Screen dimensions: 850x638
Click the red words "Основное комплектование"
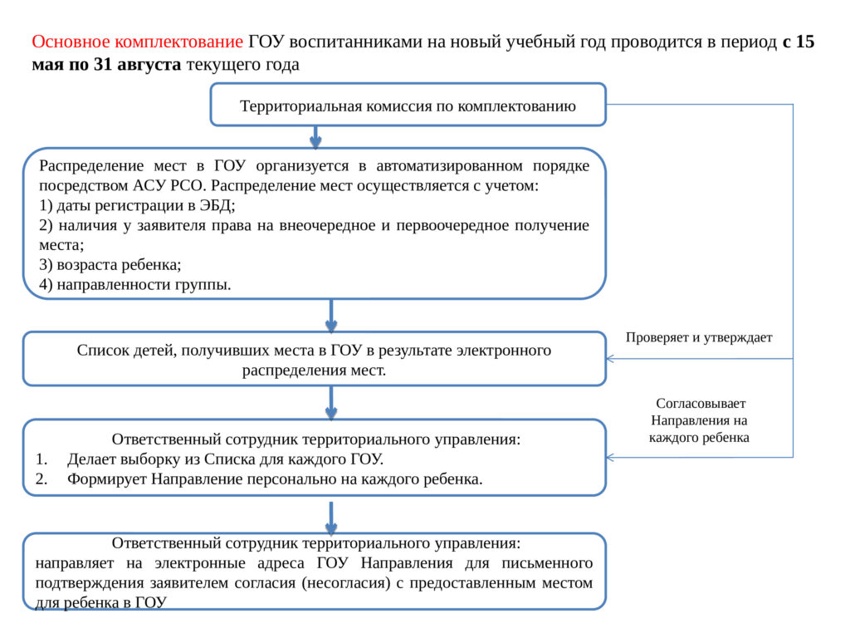(137, 42)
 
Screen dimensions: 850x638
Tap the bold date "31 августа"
(137, 65)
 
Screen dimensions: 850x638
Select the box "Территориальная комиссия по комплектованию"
(408, 105)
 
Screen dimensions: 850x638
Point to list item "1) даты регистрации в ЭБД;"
(137, 206)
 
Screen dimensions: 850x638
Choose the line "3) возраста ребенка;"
(110, 265)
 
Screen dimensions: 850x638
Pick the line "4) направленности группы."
(135, 284)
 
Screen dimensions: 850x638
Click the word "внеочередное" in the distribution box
(327, 225)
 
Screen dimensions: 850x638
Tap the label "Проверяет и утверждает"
(699, 337)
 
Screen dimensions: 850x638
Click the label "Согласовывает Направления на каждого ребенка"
(699, 420)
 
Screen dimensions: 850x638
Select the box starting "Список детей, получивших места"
(314, 359)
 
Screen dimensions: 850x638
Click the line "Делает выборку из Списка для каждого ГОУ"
(225, 459)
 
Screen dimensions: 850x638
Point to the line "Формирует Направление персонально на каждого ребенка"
(275, 479)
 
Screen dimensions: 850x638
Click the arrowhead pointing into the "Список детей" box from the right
(610, 359)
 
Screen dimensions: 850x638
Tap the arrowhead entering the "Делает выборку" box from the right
(610, 458)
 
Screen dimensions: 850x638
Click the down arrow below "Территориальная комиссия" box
(315, 137)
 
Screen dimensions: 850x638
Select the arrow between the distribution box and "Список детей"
(331, 316)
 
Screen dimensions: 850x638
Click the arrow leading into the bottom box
(331, 518)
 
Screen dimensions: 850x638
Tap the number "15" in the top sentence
(805, 42)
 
